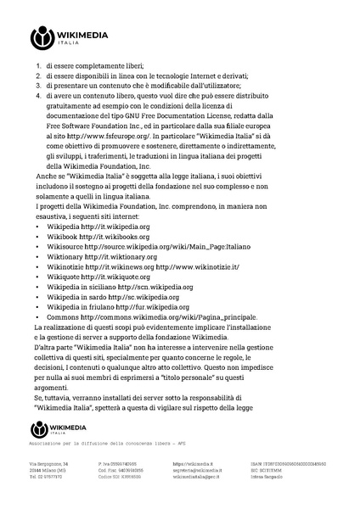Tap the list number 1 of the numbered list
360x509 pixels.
38,65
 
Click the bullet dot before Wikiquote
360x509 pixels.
38,277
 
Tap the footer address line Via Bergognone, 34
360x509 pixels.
49,464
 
